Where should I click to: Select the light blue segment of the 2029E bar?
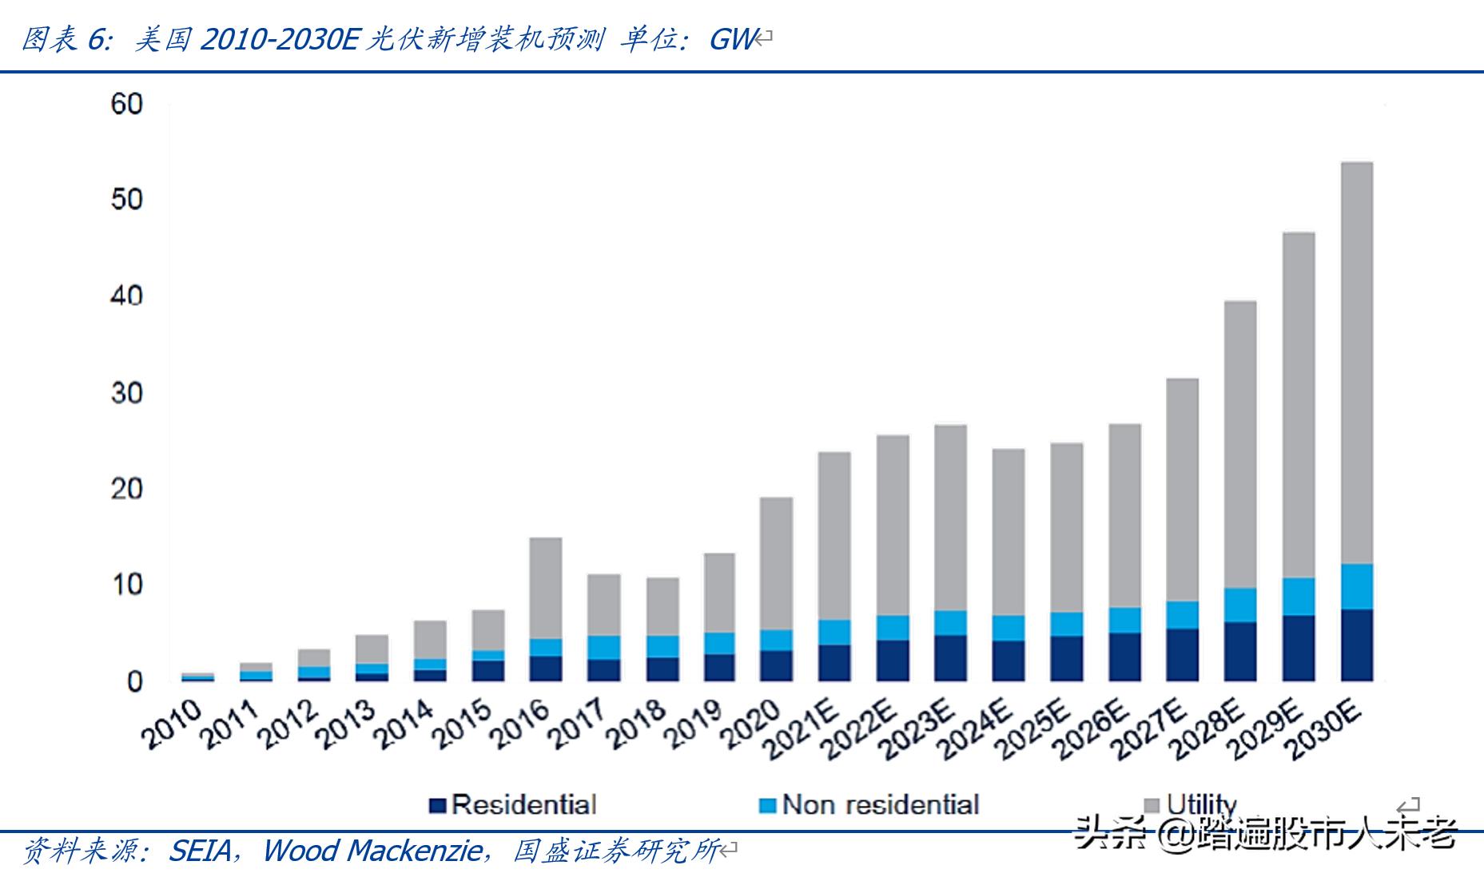coord(1299,596)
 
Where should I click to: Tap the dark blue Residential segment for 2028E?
coord(1240,651)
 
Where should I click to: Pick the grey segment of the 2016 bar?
coord(546,588)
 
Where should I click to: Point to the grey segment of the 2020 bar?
coord(776,563)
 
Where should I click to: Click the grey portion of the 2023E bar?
coord(950,518)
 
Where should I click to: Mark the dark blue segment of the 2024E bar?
coord(1008,660)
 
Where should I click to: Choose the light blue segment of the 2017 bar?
coord(603,647)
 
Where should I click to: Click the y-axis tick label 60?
coord(126,104)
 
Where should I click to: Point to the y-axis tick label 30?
coord(126,393)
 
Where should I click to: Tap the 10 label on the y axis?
coord(126,585)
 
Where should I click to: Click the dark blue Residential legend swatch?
coord(436,805)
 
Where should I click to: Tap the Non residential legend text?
coord(880,804)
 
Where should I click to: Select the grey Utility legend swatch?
coord(1152,805)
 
